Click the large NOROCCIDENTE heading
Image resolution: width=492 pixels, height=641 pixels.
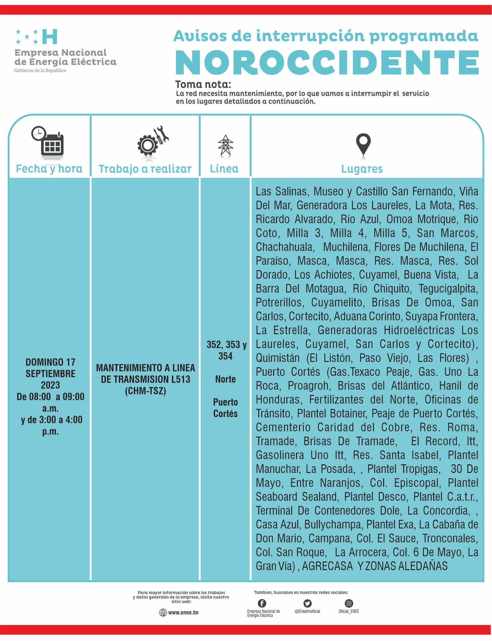tap(327, 62)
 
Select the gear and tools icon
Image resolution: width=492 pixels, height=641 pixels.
tap(153, 141)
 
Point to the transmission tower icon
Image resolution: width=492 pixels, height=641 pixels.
tap(225, 146)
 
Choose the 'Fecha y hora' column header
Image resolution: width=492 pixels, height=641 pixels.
tap(49, 169)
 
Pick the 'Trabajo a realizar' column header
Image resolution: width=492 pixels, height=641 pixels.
tap(145, 169)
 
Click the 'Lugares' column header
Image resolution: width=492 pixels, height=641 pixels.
tap(362, 169)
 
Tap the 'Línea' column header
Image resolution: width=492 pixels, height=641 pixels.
tap(224, 169)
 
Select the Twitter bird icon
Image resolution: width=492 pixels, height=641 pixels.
tap(307, 603)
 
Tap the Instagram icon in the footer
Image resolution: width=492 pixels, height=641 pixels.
tap(349, 603)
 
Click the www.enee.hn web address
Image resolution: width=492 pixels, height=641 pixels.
tap(183, 613)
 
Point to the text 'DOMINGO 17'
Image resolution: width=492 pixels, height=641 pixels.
tap(50, 362)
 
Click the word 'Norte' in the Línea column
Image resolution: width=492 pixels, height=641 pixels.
tap(225, 379)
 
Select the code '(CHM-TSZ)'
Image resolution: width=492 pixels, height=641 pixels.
tap(145, 391)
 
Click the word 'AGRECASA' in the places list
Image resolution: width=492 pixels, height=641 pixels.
tap(327, 566)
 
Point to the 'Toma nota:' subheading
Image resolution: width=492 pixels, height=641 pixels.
tap(203, 85)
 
